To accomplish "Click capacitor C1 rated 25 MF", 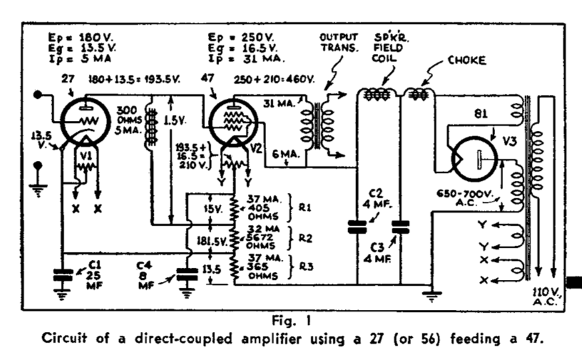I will [63, 273].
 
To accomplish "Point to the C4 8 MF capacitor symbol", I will [185, 273].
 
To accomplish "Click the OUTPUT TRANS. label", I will [339, 42].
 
